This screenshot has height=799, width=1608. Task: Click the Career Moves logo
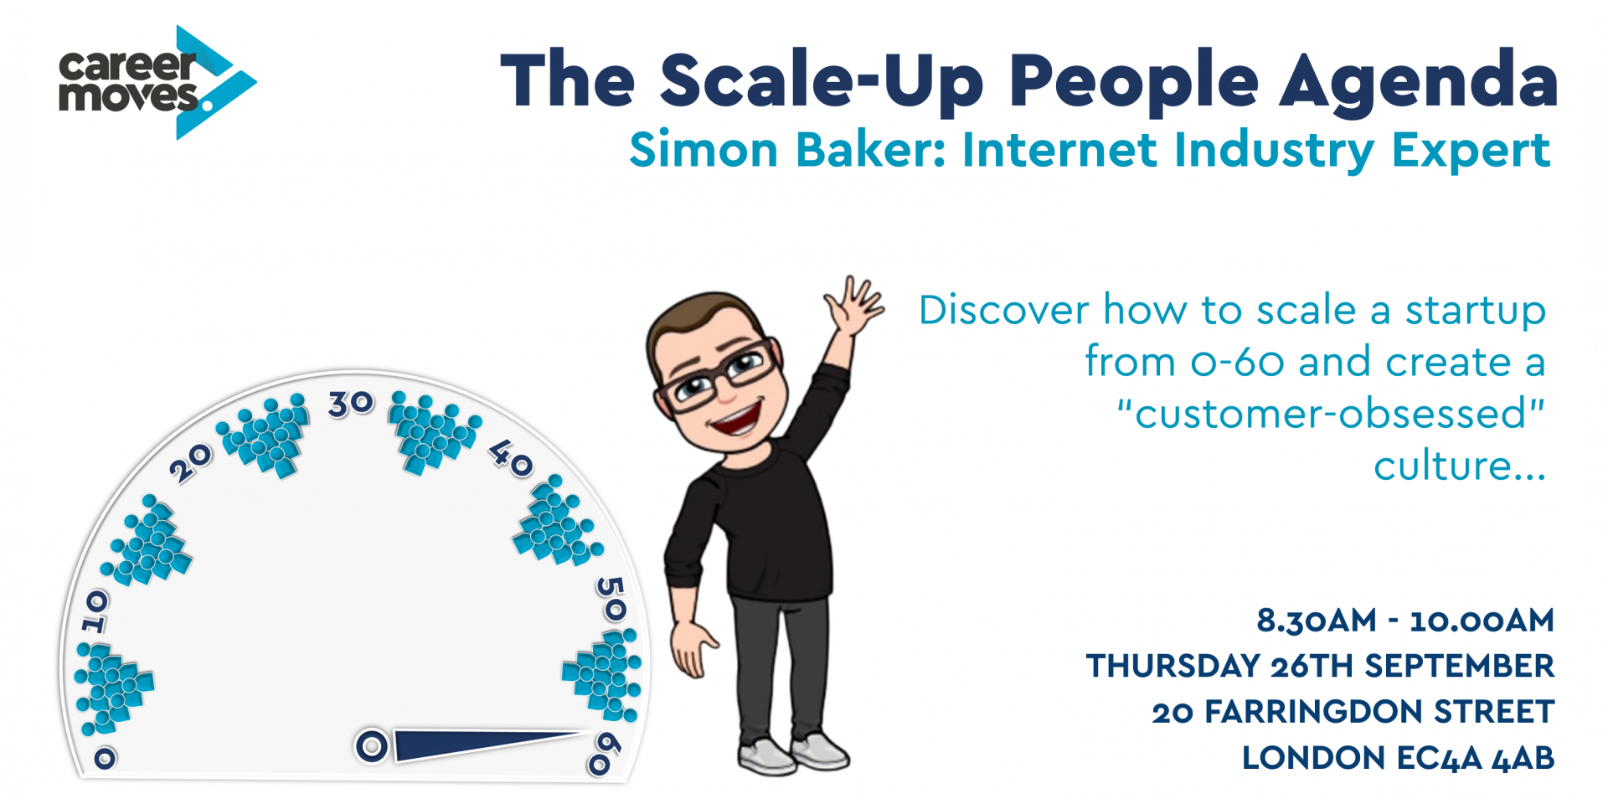157,82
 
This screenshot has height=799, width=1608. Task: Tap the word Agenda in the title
1417,82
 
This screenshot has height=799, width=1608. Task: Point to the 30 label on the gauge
351,404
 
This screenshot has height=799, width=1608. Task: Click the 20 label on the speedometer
191,462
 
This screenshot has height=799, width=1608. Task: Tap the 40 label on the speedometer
511,458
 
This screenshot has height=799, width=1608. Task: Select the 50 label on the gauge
611,599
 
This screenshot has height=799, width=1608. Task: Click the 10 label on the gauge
95,611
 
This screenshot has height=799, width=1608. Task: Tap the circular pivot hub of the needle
372,745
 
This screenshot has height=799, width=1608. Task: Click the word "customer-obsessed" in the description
1331,414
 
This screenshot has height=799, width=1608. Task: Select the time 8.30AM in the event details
1317,621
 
